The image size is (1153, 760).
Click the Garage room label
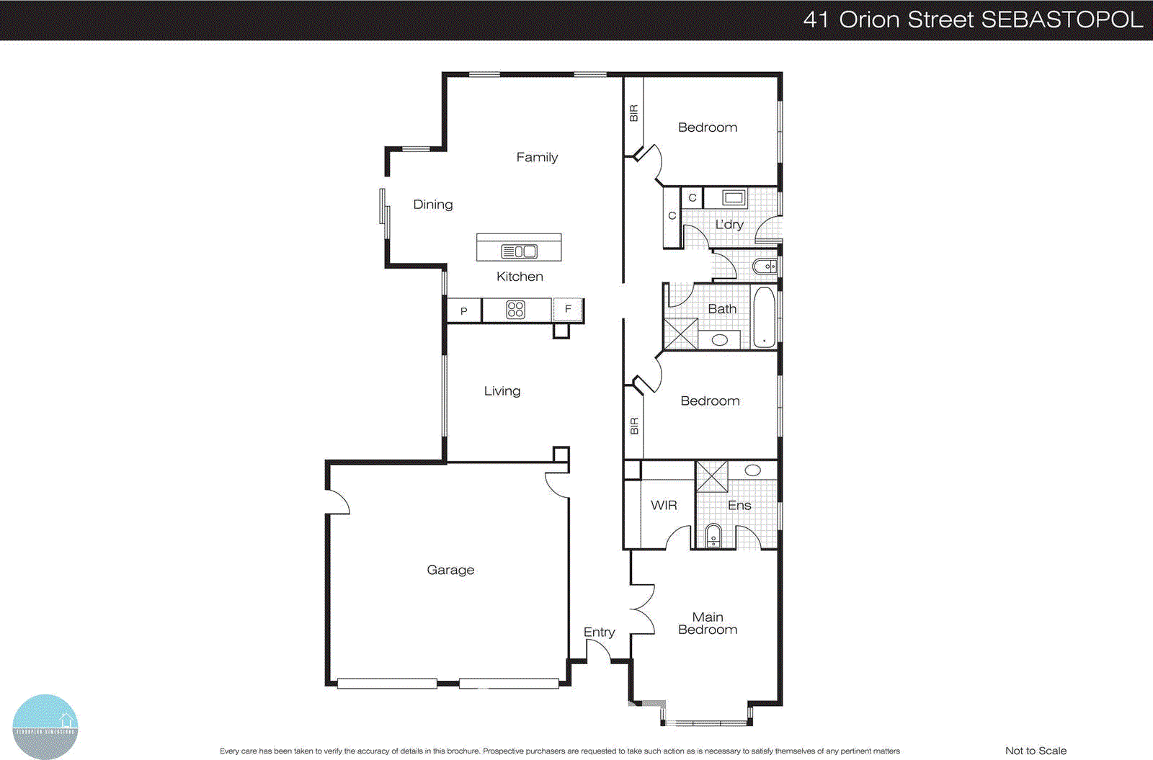coord(450,570)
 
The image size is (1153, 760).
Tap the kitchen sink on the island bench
coord(520,251)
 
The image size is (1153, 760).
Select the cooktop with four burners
coord(515,310)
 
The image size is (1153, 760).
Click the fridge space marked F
coord(568,309)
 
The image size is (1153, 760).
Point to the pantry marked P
coord(464,311)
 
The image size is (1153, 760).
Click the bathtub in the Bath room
coord(764,317)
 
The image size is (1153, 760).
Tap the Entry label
coord(599,632)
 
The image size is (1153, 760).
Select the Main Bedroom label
coord(708,623)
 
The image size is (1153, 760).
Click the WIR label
coord(664,505)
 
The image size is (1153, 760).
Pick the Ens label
coord(739,505)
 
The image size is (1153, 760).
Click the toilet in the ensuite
coord(713,536)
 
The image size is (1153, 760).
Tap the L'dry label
coord(729,224)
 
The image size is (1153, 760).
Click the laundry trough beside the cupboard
coord(734,197)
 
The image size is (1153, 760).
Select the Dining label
coord(433,205)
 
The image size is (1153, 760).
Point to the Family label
coord(537,157)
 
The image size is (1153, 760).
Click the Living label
coord(502,390)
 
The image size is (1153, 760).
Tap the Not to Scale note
coord(1036,751)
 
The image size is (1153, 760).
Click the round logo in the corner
coord(45,726)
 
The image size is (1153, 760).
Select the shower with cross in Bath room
coord(680,334)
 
